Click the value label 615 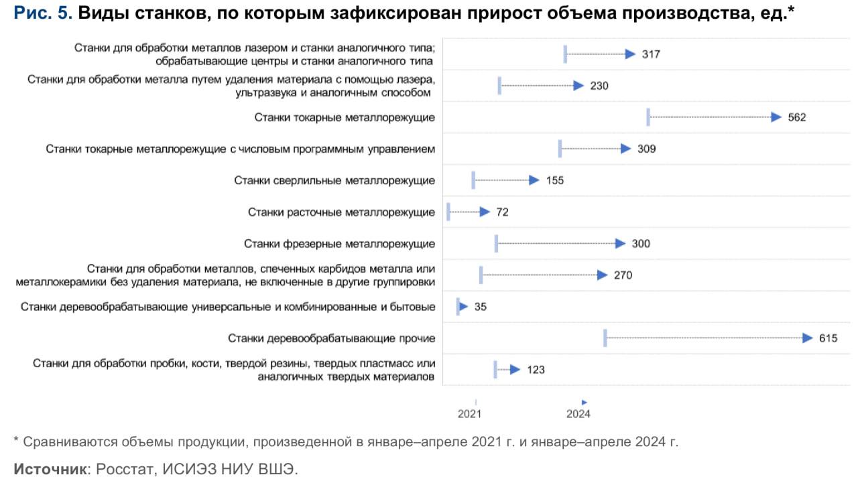pyautogui.click(x=828, y=338)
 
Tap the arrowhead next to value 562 pyautogui.click(x=776, y=117)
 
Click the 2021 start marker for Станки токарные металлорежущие pyautogui.click(x=648, y=117)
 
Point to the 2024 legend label pyautogui.click(x=578, y=414)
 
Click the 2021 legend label pyautogui.click(x=469, y=414)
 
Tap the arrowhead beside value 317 pyautogui.click(x=630, y=54)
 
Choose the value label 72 pyautogui.click(x=502, y=212)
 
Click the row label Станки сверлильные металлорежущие pyautogui.click(x=334, y=180)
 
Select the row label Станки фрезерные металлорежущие pyautogui.click(x=339, y=244)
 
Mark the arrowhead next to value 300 pyautogui.click(x=620, y=244)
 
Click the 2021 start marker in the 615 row pyautogui.click(x=605, y=338)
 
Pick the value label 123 pyautogui.click(x=536, y=369)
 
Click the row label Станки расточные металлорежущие pyautogui.click(x=341, y=212)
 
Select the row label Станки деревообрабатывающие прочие pyautogui.click(x=331, y=338)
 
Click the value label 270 pyautogui.click(x=623, y=275)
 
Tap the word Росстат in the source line pyautogui.click(x=125, y=468)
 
